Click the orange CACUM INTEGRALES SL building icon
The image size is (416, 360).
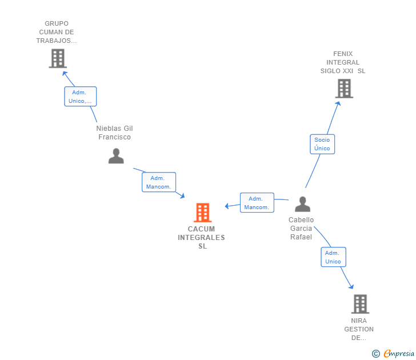pos(202,213)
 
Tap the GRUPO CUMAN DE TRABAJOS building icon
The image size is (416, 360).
pos(57,58)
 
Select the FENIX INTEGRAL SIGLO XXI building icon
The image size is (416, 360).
pos(343,89)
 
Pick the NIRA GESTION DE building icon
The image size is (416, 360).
pos(359,304)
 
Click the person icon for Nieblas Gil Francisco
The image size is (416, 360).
pos(116,156)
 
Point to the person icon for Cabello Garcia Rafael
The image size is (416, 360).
pos(302,204)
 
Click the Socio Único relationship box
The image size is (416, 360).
pos(322,144)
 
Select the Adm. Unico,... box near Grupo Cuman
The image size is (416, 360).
pos(80,97)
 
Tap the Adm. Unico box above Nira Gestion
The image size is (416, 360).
pos(333,257)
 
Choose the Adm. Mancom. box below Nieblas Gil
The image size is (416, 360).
pos(158,182)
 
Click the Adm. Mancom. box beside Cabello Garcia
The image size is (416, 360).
pos(257,203)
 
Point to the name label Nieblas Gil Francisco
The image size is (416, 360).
pos(114,133)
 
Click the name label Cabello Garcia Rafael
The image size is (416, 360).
pos(301,229)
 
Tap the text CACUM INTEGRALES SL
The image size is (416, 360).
pos(202,238)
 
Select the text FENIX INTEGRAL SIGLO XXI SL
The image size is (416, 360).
pos(343,63)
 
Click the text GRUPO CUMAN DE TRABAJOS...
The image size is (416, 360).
pos(56,33)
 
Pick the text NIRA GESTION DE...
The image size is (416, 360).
pos(359,329)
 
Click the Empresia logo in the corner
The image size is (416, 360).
pos(399,354)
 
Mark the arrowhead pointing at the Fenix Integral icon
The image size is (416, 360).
pos(338,103)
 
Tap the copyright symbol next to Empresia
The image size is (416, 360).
pos(376,354)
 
